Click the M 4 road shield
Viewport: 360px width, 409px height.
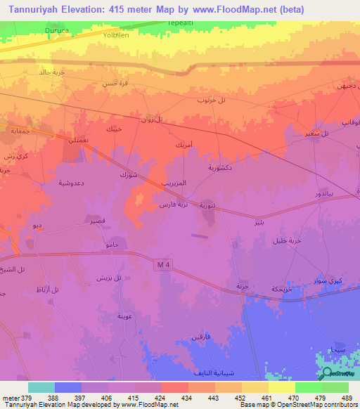[x=163, y=264]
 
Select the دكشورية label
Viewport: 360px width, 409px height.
[x=221, y=168]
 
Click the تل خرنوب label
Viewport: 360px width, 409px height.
[x=211, y=100]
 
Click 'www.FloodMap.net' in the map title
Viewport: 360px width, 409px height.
[x=231, y=8]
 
